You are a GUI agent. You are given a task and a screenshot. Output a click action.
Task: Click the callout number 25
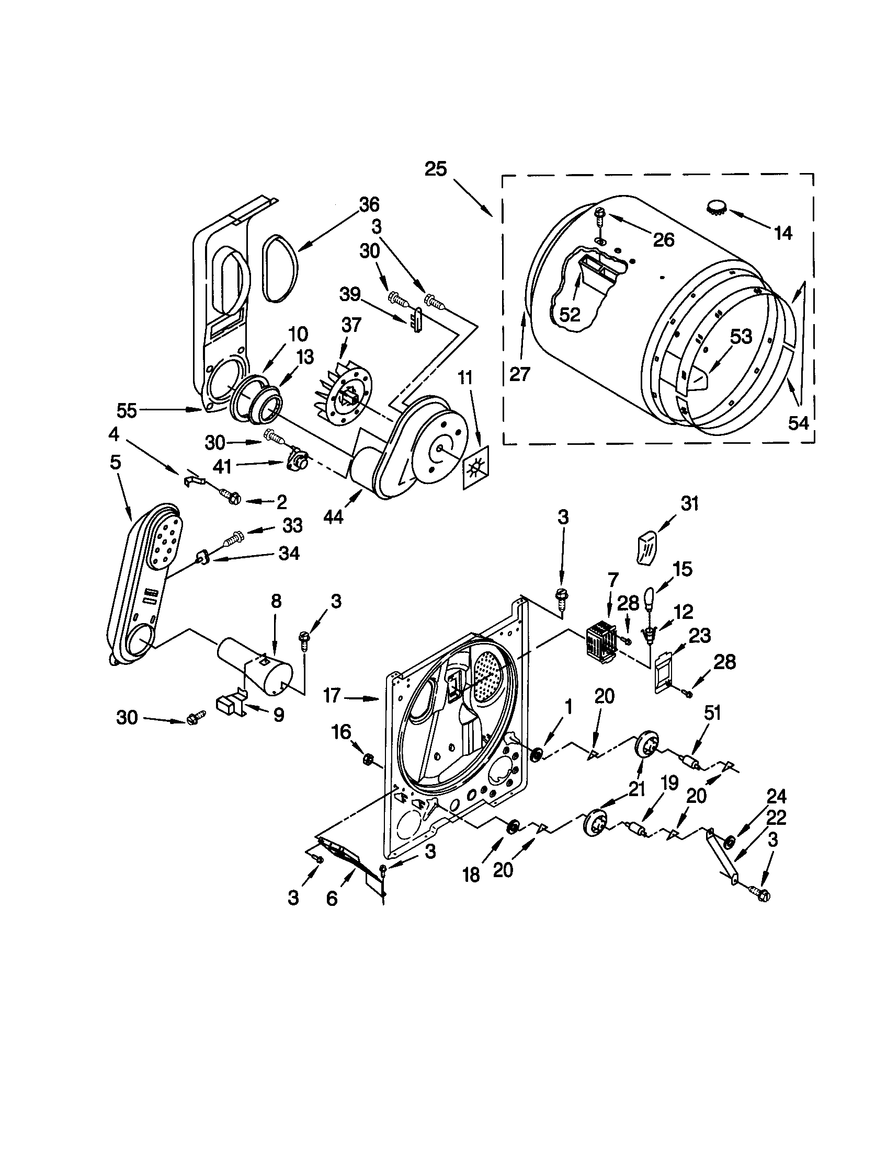(436, 169)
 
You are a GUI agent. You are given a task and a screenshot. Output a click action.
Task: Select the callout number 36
(369, 204)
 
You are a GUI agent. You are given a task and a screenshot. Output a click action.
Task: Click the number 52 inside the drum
(570, 314)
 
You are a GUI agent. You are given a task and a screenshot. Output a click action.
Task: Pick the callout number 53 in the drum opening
(741, 337)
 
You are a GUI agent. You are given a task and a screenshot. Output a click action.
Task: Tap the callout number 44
(334, 516)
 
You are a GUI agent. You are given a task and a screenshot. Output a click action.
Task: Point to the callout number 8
(276, 601)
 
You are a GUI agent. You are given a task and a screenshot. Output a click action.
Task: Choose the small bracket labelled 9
(230, 704)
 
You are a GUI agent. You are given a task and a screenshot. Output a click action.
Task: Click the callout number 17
(332, 696)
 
